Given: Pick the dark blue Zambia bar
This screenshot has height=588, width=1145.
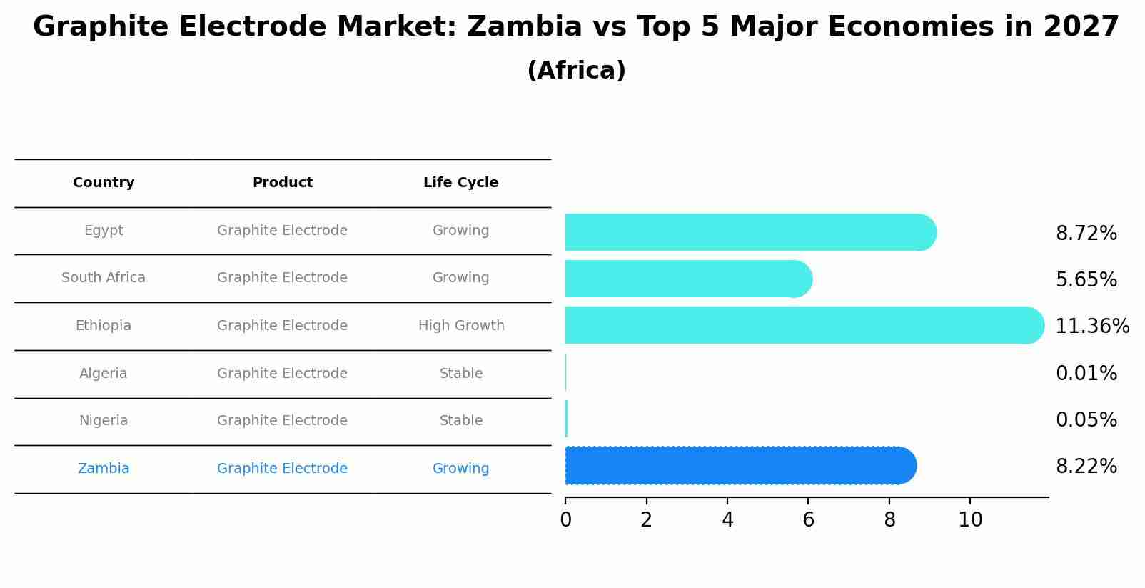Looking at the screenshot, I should pos(739,466).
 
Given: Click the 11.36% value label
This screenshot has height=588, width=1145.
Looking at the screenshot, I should pos(1091,327).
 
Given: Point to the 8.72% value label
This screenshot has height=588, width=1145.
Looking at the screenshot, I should pos(1086,234).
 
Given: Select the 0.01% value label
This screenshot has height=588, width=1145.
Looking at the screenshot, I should pos(1086,374).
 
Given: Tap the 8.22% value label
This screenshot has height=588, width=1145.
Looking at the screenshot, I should pos(1086,467).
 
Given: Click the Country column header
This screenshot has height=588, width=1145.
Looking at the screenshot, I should pos(104,183).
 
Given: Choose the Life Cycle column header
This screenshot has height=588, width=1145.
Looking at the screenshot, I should pos(460,183).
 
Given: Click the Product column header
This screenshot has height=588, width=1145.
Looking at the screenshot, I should pos(282,183).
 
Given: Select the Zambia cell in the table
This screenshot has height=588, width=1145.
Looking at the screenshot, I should pos(104,469).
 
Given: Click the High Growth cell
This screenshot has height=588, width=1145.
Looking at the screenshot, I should pos(461,326).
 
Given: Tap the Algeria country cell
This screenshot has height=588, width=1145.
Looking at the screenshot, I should pos(104,374).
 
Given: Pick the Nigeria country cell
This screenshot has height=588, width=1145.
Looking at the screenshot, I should pos(104,421).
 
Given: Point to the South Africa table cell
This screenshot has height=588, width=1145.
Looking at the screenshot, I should pos(104,278).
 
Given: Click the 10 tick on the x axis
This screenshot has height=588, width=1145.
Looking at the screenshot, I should pos(970,520).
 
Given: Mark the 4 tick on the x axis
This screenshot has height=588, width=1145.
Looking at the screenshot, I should pos(727,520).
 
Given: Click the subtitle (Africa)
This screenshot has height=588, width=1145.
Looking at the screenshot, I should pos(576,71).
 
